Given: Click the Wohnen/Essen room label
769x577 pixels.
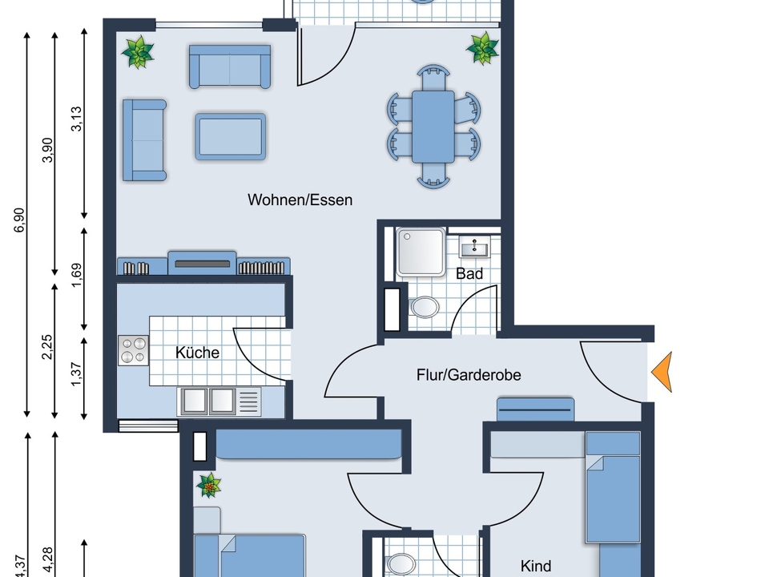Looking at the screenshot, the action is point(300,200).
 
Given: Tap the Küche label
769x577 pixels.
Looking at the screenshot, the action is point(197,353).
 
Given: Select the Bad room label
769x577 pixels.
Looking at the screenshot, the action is point(469,273).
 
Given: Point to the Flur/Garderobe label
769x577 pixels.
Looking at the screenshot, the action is point(469,375).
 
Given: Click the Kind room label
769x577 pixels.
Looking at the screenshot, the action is point(536,566).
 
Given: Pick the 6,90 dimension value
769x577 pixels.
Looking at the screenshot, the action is point(19,220).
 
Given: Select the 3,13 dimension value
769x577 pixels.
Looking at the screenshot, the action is point(77,119).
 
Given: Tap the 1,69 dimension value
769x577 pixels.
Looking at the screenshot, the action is point(77,276).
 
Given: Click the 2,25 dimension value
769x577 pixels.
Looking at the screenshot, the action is point(47,347).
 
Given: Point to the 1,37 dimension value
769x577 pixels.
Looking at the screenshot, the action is point(77,374).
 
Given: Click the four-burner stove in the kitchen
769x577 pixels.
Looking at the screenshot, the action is point(134,350).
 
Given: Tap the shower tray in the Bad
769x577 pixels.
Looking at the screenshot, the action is point(421,251).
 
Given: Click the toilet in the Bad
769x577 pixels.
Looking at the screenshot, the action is point(425,307).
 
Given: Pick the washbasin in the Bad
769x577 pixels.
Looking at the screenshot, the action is point(475,246).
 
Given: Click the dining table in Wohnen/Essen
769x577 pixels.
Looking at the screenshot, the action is point(433,127).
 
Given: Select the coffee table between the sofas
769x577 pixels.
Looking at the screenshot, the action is point(231,137).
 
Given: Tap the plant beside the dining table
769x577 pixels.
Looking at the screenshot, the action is point(482,47).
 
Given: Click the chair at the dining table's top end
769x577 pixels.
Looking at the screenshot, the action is point(433,77).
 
